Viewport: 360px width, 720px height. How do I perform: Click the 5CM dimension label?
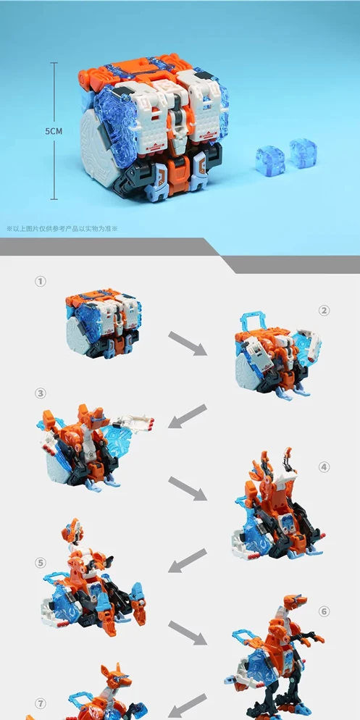pos(54,131)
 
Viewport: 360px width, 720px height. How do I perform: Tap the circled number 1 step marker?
pos(41,281)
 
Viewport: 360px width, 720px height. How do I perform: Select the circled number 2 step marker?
pos(325,311)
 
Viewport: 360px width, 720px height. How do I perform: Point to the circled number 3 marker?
pos(41,393)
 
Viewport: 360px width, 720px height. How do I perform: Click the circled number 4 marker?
pos(325,467)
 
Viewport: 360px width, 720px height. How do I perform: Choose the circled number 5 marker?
pos(41,562)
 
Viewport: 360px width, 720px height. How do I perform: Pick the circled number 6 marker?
pos(325,611)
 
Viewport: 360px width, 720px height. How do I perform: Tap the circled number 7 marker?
pos(41,703)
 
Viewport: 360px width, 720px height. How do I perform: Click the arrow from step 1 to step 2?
pos(188,343)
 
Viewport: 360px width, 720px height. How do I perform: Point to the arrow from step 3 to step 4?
pos(188,488)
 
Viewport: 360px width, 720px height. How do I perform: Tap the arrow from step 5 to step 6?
pos(188,633)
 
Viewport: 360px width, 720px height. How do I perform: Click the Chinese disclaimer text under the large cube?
pos(62,228)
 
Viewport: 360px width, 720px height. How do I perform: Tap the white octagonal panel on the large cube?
pos(97,150)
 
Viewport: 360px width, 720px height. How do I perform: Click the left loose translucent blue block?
pos(270,161)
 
